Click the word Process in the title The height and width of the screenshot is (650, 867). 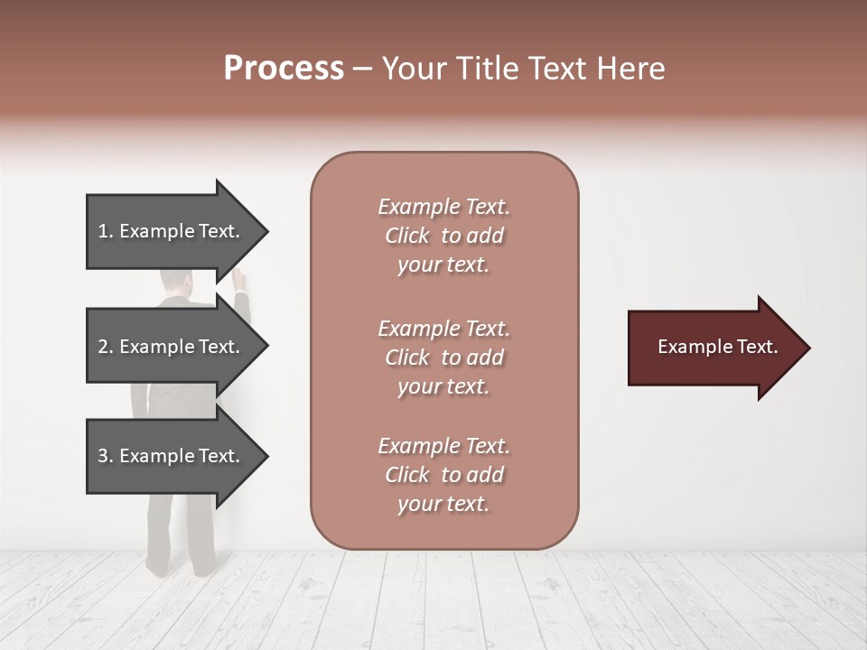pyautogui.click(x=284, y=69)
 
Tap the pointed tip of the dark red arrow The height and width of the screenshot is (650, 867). pyautogui.click(x=806, y=348)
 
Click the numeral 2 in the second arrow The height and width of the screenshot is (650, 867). pyautogui.click(x=102, y=347)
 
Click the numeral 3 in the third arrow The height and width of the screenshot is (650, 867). pyautogui.click(x=102, y=456)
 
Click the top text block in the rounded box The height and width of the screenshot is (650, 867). pyautogui.click(x=443, y=236)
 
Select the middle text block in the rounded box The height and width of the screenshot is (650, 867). pyautogui.click(x=443, y=357)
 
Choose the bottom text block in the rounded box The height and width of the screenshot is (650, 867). pyautogui.click(x=443, y=475)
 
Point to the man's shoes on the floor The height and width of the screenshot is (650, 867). pyautogui.click(x=181, y=567)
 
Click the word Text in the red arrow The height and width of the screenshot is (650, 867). pyautogui.click(x=757, y=347)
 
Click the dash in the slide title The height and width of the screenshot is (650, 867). pyautogui.click(x=362, y=69)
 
